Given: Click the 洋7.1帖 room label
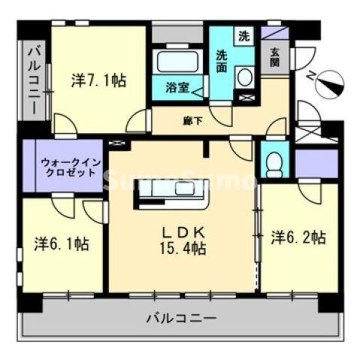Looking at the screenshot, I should pyautogui.click(x=98, y=80).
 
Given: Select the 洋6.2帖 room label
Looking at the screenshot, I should pyautogui.click(x=298, y=237).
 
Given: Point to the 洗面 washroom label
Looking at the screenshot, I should pyautogui.click(x=223, y=59).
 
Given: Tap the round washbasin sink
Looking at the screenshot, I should pyautogui.click(x=244, y=77).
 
